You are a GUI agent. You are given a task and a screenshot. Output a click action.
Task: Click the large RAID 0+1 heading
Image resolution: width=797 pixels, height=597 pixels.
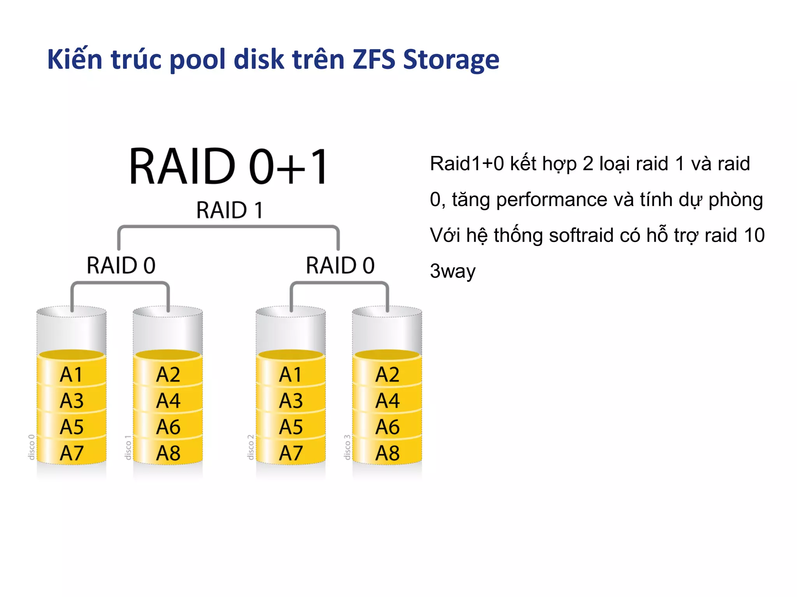point(229,166)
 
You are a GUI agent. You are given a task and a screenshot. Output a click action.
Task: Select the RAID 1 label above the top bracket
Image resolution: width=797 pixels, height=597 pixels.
point(230,210)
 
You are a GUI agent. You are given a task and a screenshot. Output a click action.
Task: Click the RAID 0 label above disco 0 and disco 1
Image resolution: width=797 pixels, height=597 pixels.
point(121,265)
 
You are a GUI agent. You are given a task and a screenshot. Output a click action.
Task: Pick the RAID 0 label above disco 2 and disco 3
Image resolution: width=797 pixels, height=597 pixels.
point(340,265)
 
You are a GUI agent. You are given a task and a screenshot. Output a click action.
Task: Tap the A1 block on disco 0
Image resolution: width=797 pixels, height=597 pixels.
point(71,375)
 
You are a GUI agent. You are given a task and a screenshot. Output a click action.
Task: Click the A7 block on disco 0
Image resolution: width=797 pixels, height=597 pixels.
point(71,453)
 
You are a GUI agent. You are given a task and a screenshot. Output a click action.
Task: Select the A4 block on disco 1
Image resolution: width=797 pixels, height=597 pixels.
point(168,401)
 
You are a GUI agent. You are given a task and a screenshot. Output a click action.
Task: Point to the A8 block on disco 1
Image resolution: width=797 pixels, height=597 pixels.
point(168,453)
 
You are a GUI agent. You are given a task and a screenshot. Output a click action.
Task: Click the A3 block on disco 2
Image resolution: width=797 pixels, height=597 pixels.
point(290,401)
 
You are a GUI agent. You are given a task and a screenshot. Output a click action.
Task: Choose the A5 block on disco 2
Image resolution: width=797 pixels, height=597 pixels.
point(290,427)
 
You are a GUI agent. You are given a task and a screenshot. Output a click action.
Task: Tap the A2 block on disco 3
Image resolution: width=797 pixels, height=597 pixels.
point(387,375)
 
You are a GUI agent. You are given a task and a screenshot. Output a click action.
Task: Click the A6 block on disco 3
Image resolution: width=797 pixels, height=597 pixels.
point(387,427)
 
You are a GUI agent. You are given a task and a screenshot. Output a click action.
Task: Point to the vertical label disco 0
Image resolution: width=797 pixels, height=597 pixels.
point(32,447)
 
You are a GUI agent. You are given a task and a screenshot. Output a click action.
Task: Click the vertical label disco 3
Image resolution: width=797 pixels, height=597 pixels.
point(347,447)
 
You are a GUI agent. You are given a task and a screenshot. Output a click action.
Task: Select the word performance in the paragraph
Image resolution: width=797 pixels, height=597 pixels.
point(551,200)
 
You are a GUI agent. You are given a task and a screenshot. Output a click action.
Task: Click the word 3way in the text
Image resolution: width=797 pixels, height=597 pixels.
point(452,271)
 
